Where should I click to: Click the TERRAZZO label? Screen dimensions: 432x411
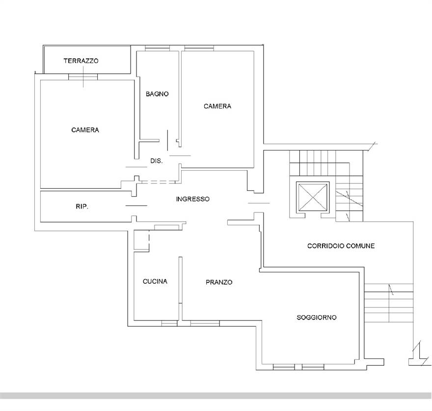click(81, 60)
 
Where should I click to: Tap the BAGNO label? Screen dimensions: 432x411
click(157, 94)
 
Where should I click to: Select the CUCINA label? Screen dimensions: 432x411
click(155, 281)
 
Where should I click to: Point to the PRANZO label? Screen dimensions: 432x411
click(219, 282)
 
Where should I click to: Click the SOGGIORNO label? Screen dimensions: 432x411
click(317, 318)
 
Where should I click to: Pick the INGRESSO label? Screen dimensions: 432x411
click(192, 199)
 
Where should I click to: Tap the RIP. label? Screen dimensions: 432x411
click(82, 206)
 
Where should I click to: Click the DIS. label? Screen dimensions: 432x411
click(157, 161)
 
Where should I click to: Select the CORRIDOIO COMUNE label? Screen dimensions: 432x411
click(341, 246)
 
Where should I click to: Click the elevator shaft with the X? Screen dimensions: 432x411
click(313, 197)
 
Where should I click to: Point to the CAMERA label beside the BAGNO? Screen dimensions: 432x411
click(217, 106)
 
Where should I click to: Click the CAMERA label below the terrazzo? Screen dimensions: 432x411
click(85, 130)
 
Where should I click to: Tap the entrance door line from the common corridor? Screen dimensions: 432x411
click(259, 203)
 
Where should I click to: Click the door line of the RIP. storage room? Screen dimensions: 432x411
click(136, 205)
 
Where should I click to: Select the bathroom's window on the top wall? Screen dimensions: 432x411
click(157, 49)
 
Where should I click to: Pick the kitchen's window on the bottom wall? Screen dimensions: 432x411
click(169, 323)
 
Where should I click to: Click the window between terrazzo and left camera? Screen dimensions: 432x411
click(83, 77)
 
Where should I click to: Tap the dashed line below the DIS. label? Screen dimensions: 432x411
click(159, 182)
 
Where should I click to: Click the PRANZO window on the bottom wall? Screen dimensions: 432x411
click(205, 323)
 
